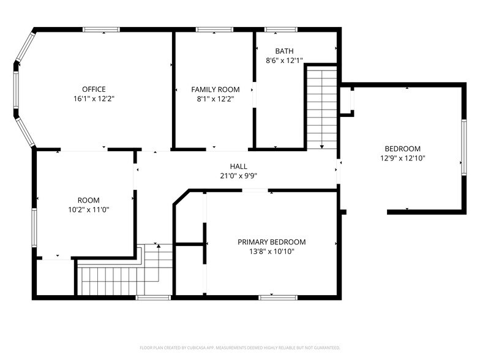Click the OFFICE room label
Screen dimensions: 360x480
tap(94, 89)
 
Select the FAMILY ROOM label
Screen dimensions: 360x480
tap(215, 89)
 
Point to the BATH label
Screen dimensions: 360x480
tap(284, 51)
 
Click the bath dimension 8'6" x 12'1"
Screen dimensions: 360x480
tap(284, 61)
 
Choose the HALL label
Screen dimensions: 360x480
tap(238, 166)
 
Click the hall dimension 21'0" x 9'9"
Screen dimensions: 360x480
tap(238, 176)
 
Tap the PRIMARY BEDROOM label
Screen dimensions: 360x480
tap(271, 242)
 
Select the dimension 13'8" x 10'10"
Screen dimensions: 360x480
tap(271, 252)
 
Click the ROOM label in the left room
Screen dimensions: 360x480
tap(88, 200)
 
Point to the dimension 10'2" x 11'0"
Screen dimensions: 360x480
tap(88, 210)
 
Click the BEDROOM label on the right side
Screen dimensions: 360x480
tap(402, 148)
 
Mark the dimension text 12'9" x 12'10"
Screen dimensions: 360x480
tap(402, 158)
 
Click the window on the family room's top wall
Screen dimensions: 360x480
tap(214, 29)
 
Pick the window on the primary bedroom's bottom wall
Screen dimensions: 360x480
tap(273, 298)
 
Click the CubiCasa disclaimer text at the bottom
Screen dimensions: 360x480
tap(239, 347)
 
